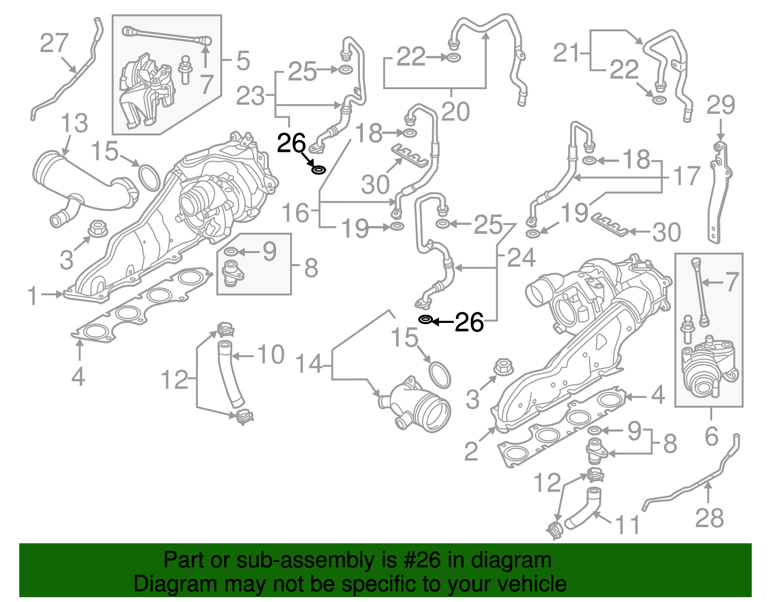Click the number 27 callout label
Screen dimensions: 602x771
54,43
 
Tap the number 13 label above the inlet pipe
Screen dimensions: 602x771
74,123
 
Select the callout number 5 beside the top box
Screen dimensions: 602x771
243,61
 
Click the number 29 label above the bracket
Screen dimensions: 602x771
721,105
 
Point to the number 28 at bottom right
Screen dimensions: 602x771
709,518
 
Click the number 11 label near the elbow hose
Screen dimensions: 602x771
628,525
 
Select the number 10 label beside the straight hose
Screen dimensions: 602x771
271,355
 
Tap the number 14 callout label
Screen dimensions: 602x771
309,364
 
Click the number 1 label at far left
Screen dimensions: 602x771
32,295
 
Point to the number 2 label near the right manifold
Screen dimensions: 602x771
471,451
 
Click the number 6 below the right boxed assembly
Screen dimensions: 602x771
712,436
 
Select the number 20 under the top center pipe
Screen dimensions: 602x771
455,112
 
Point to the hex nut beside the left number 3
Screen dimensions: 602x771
98,228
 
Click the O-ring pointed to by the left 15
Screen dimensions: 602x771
149,178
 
